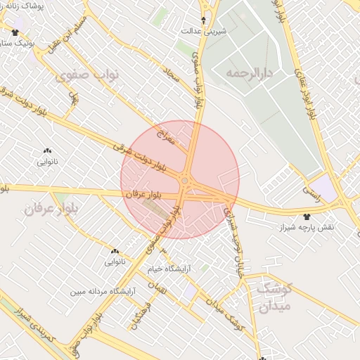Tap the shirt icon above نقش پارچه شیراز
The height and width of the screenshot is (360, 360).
pyautogui.click(x=307, y=217)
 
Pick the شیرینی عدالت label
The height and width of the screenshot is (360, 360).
pyautogui.click(x=204, y=31)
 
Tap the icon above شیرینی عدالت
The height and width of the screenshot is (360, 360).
pyautogui.click(x=204, y=20)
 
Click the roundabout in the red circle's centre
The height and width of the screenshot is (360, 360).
pyautogui.click(x=184, y=181)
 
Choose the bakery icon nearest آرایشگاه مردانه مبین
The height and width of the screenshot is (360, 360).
pyautogui.click(x=115, y=251)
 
